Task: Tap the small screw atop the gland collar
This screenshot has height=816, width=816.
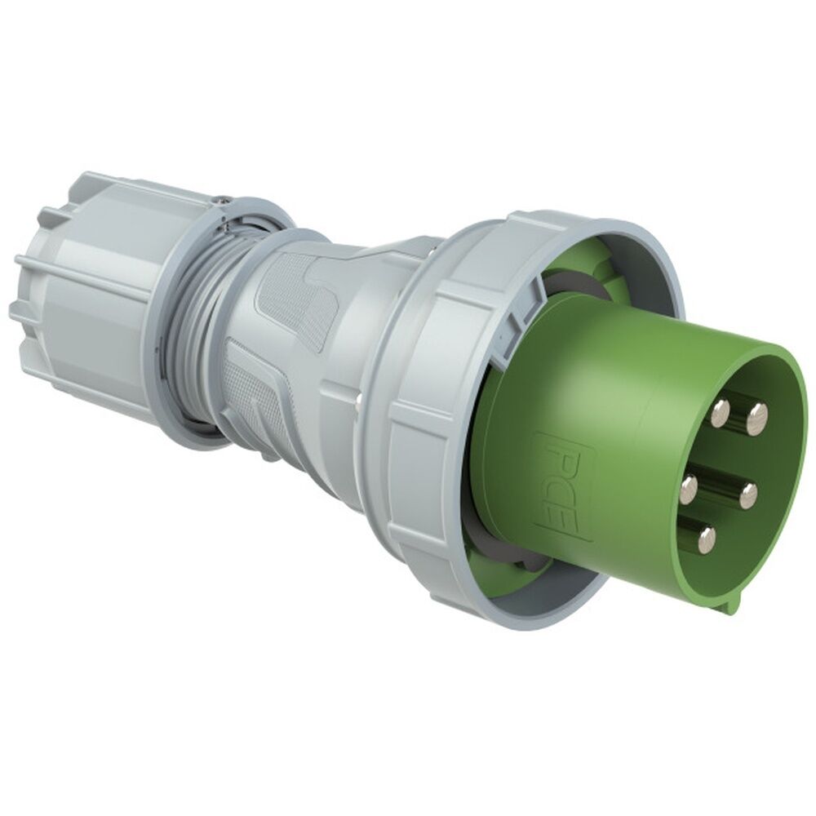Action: coord(220,197)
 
